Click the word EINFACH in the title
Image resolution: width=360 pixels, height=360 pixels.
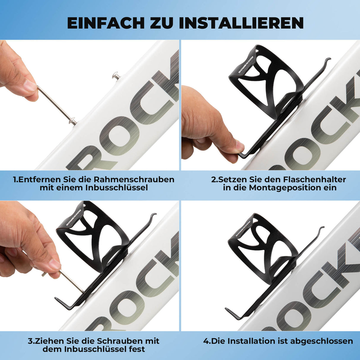(106, 23)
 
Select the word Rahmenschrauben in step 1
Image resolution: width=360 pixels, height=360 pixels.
(134, 179)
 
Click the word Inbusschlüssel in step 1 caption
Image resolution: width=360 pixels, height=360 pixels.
(117, 188)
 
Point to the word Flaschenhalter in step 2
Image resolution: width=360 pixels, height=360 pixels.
(314, 179)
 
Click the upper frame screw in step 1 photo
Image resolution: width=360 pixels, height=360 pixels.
(116, 76)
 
